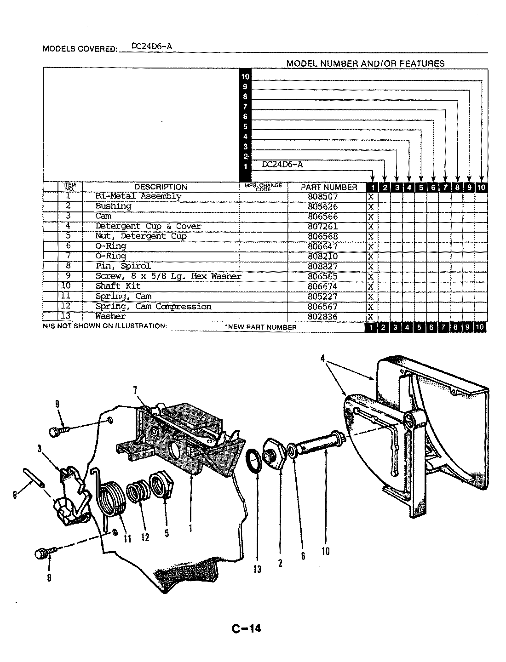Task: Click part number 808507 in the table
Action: pos(322,196)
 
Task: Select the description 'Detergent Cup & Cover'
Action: pos(148,226)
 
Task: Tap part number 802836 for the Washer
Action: pos(322,317)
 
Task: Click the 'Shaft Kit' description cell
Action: pos(118,286)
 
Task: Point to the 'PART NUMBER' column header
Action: pos(328,187)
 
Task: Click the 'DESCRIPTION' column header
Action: pos(161,187)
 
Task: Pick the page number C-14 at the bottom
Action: pos(247,628)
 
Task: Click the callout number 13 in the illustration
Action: pos(257,569)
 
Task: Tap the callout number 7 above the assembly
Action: pos(135,391)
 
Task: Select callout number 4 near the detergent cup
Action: pos(328,362)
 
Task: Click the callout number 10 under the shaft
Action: pos(325,551)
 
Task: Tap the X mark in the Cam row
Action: pos(371,217)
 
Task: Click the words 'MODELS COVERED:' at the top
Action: pos(80,49)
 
